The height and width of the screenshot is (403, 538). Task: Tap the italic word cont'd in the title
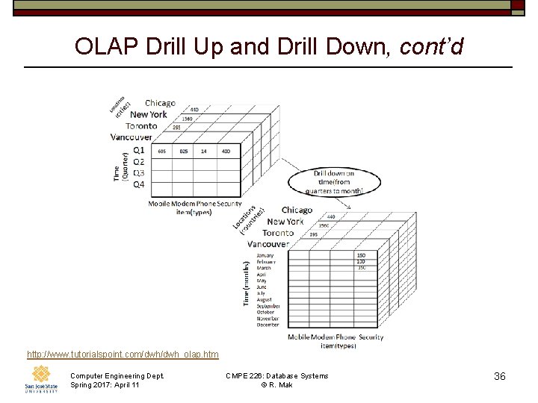(x=432, y=46)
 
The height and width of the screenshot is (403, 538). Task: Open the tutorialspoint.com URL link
(x=123, y=353)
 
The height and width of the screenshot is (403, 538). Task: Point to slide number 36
(x=500, y=376)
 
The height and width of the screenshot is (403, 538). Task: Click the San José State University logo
(x=40, y=379)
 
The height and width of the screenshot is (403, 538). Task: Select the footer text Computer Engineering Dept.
(x=117, y=375)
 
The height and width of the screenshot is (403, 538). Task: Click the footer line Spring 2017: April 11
(x=105, y=385)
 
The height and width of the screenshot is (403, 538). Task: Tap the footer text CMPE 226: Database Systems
(x=276, y=375)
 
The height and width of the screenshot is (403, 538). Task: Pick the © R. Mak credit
(x=276, y=385)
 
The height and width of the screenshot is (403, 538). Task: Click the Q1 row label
(x=139, y=150)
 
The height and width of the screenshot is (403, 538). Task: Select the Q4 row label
(x=139, y=184)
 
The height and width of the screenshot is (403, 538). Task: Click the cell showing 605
(x=162, y=151)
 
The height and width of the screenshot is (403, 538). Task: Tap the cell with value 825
(x=184, y=151)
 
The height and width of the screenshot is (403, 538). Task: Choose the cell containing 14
(x=204, y=151)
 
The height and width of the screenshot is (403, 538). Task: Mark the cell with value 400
(x=226, y=151)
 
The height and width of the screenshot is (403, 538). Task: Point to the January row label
(x=267, y=254)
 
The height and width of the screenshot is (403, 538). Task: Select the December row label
(x=268, y=325)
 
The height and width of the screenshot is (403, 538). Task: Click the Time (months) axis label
(x=247, y=284)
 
